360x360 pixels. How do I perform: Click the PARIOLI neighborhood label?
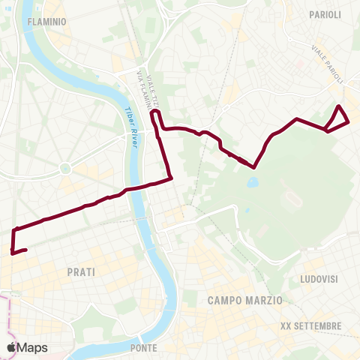tap(325, 14)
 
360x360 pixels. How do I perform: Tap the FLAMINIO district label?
tap(46, 22)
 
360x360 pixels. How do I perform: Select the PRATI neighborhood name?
tap(80, 272)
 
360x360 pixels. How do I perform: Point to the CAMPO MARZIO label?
tap(245, 299)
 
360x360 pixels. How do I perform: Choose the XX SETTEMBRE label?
tap(310, 326)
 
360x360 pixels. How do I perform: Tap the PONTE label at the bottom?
tap(143, 348)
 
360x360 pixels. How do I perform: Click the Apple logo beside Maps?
tap(11, 347)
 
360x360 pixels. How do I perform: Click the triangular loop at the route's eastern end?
tap(339, 118)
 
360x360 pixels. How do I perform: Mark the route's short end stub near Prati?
tap(19, 250)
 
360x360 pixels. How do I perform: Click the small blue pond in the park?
tap(252, 181)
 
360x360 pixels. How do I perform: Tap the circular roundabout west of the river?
tap(65, 167)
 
